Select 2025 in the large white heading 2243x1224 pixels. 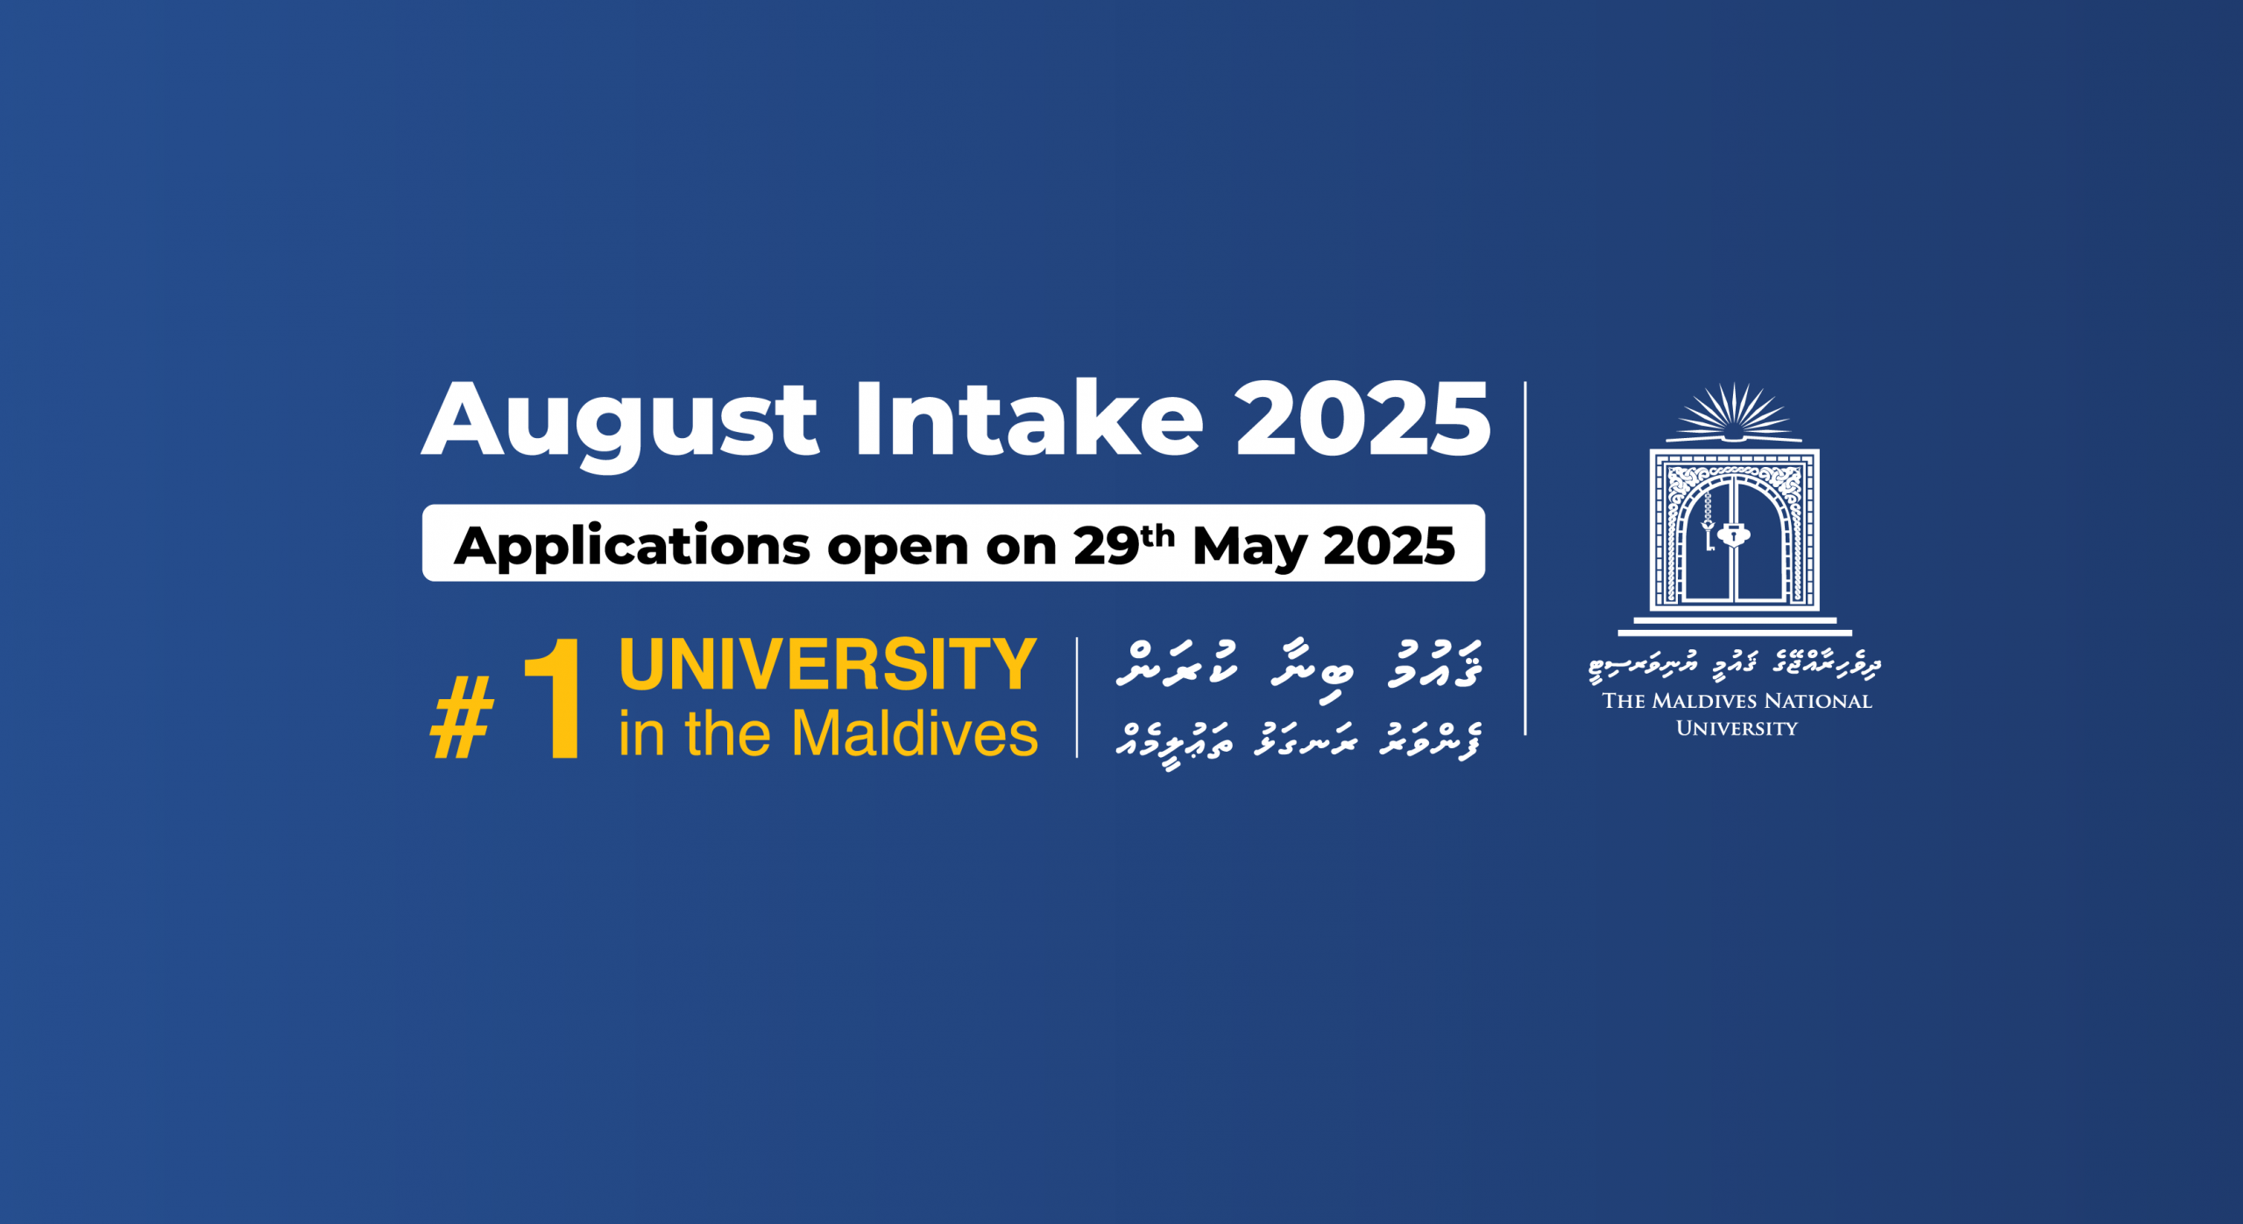[x=1362, y=419]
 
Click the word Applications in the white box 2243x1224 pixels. [x=632, y=547]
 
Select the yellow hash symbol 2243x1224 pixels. [x=463, y=718]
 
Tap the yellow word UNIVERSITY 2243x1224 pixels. [x=828, y=664]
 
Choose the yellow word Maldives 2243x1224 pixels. [x=915, y=732]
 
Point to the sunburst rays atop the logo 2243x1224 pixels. [x=1733, y=413]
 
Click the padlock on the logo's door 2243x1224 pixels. [x=1733, y=534]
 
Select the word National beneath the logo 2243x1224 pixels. [x=1817, y=701]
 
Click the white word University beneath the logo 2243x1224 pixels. [x=1737, y=728]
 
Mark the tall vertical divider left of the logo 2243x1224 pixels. [x=1525, y=558]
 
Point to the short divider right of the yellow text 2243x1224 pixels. [x=1077, y=697]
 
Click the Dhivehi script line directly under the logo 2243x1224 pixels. [x=1735, y=666]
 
